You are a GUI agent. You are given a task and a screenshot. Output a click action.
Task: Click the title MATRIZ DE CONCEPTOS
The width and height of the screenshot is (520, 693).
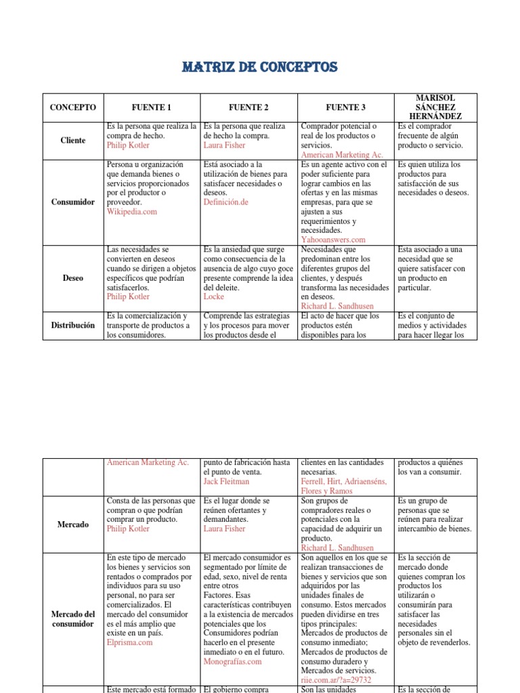pos(260,68)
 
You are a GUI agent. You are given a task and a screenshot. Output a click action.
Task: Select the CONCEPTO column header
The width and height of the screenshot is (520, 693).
pos(73,108)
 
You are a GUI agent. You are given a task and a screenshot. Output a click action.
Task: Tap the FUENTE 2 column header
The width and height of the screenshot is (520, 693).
pos(248,108)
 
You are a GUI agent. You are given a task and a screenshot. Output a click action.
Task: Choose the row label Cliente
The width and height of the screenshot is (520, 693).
pos(73,141)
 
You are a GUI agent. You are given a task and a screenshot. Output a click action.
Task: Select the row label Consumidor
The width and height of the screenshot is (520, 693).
pos(73,202)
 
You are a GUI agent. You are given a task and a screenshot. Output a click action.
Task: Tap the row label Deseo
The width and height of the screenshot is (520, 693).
pos(73,277)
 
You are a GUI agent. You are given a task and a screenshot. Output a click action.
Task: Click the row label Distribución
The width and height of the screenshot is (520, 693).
pos(73,326)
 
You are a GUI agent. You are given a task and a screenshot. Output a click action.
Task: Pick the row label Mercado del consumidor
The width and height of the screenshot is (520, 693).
pos(73,619)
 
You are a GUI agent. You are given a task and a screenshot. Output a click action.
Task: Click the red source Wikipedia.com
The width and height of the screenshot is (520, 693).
pos(131,212)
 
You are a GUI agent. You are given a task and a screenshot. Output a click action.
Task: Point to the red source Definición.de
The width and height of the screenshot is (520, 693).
pos(226,202)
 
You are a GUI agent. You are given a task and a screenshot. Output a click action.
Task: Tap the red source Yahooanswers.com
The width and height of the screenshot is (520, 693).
pos(333,240)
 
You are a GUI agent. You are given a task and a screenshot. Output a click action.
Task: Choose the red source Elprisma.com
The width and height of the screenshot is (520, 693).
pos(129,643)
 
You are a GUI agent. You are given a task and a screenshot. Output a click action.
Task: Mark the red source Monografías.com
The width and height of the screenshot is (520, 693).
pos(232,662)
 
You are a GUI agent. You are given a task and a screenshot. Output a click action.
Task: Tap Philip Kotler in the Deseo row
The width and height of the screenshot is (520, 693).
pos(128,296)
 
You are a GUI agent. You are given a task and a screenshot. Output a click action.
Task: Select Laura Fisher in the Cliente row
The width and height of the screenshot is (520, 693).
pos(226,146)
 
